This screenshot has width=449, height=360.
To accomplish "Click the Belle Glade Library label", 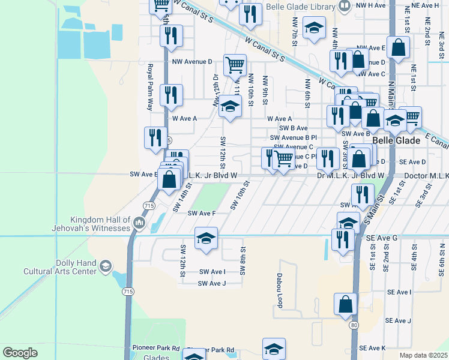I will (303, 5).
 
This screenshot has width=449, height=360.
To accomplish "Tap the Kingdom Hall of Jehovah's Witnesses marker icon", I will (139, 223).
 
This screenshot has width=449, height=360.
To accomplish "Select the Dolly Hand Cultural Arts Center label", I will (59, 267).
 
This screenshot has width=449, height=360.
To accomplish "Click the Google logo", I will (20, 353).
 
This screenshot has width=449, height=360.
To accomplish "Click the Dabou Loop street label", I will (279, 290).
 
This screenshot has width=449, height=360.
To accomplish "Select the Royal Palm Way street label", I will (150, 88).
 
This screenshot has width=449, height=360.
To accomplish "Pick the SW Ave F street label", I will (202, 213).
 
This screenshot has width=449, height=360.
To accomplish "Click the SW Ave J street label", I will (212, 284).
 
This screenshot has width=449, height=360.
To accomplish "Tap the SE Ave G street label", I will (382, 238).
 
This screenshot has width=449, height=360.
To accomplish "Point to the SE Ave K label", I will (372, 348).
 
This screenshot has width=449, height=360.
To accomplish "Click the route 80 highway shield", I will (354, 325).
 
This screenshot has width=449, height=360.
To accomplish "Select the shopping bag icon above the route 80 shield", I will (346, 304).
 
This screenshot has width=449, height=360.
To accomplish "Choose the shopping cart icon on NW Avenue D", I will (235, 64).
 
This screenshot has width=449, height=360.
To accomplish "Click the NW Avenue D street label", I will (192, 62).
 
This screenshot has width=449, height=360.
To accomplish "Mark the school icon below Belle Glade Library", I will (314, 28).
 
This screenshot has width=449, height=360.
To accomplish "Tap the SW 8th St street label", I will (243, 261).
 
